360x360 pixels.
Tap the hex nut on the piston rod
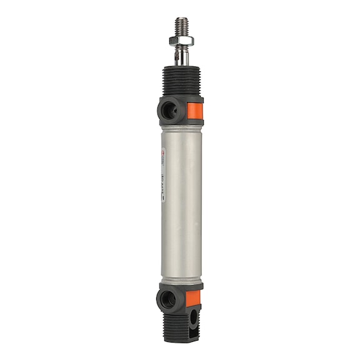tap(181, 41)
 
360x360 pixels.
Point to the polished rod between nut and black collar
tap(181, 58)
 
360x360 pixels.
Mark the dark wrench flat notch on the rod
tap(178, 56)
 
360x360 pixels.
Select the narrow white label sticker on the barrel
tap(163, 175)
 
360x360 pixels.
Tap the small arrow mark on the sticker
tap(163, 199)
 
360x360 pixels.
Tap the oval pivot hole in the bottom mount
tap(193, 318)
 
